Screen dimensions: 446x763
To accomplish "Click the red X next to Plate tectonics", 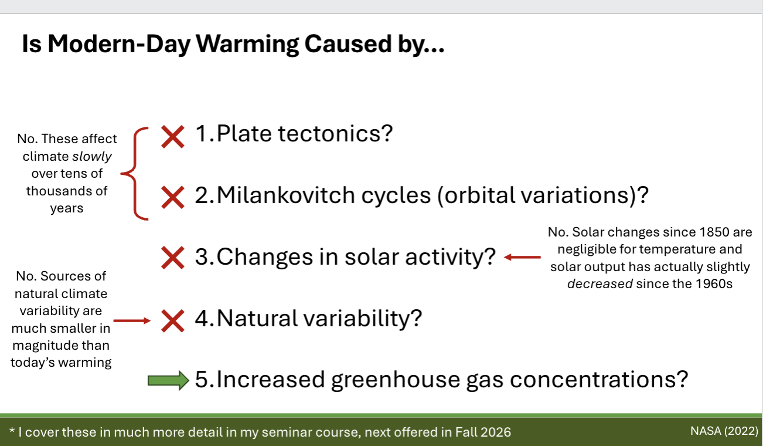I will click(x=173, y=136).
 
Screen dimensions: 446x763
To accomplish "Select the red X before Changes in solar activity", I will click(x=173, y=258).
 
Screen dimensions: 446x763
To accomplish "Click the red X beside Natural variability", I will click(x=173, y=320).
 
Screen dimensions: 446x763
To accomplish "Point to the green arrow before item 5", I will click(x=168, y=380).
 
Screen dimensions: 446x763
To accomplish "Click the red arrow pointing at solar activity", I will click(x=523, y=257).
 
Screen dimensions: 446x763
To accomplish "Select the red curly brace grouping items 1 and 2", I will click(x=134, y=174).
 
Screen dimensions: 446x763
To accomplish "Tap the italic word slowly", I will click(x=92, y=156).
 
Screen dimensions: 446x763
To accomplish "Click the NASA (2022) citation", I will click(x=724, y=431).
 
